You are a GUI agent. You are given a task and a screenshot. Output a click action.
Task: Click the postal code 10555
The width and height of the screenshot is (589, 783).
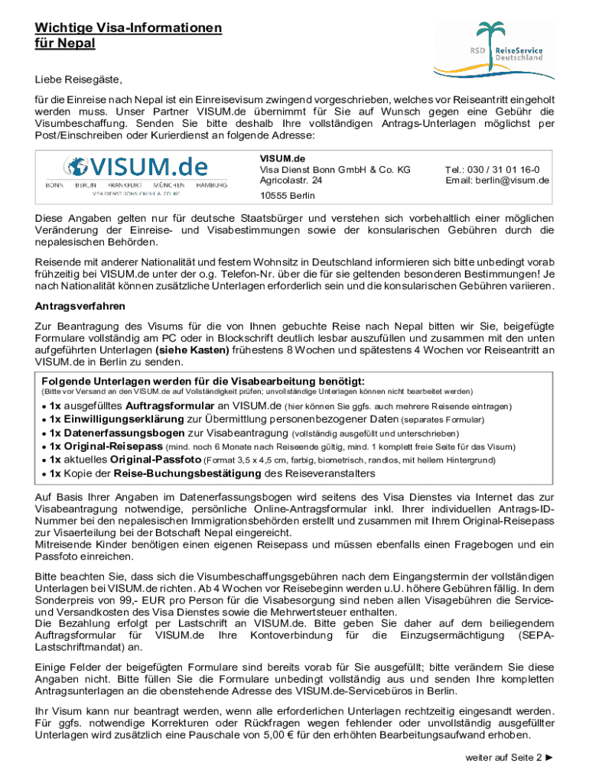coord(274,196)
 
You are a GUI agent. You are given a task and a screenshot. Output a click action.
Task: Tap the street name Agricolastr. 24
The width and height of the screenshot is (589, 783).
coord(291,180)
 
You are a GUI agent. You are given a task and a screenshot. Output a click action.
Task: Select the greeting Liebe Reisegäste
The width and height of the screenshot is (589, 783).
coord(78,80)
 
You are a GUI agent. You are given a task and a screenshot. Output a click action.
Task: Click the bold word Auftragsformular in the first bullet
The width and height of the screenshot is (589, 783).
coord(171,406)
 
